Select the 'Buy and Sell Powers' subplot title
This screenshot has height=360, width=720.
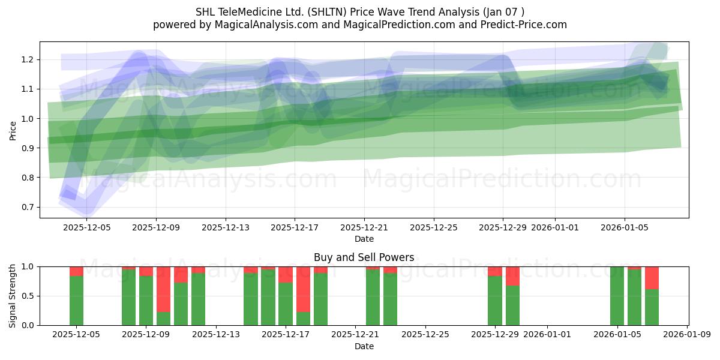coord(364,257)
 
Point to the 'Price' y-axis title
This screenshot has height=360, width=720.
coord(13,130)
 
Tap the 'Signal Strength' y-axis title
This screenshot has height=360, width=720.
coord(13,296)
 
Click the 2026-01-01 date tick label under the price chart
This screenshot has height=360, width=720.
coord(555,228)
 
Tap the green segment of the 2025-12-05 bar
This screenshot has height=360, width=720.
coord(76,301)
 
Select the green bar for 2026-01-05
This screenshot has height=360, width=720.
coord(617,296)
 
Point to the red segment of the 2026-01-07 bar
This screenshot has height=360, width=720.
coord(652,278)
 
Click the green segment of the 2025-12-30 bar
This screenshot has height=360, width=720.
coord(512,305)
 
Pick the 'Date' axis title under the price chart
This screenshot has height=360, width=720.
coord(364,239)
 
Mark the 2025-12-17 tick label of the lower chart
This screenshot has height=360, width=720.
coord(286,335)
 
